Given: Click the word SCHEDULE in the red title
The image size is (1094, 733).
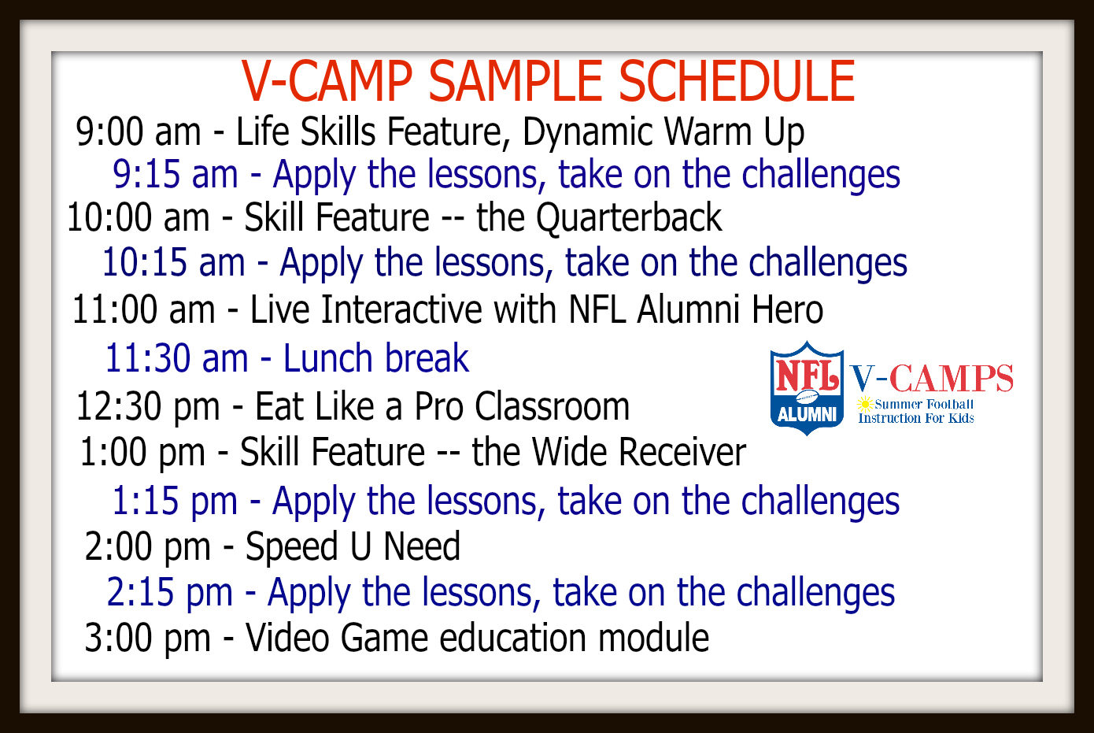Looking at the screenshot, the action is pos(737,81).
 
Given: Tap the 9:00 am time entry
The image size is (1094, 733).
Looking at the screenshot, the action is pos(139,131).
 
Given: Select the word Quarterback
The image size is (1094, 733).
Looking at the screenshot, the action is pos(629,218).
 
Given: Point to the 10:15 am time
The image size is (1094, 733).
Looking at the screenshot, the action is pos(173,262).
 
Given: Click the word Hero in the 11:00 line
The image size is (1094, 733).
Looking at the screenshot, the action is pos(787,309).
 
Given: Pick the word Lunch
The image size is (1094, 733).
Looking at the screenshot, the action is pos(329,357).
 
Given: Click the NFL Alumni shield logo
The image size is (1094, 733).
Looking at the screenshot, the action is pos(807,387).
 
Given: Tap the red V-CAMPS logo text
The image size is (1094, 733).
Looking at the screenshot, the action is pos(931,378).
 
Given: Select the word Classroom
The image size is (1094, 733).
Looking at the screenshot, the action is pos(553,406).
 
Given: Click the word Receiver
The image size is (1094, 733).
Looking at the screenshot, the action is pos(639,452).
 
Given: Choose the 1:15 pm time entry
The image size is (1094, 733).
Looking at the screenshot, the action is pos(175,502).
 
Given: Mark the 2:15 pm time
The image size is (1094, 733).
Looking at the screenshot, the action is pos(169,593).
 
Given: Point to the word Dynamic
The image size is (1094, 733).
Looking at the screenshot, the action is pos(588,132).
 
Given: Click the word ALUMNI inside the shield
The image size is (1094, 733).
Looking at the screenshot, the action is pos(807,415).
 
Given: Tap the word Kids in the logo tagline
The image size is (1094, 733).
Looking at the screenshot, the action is pos(961,418).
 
